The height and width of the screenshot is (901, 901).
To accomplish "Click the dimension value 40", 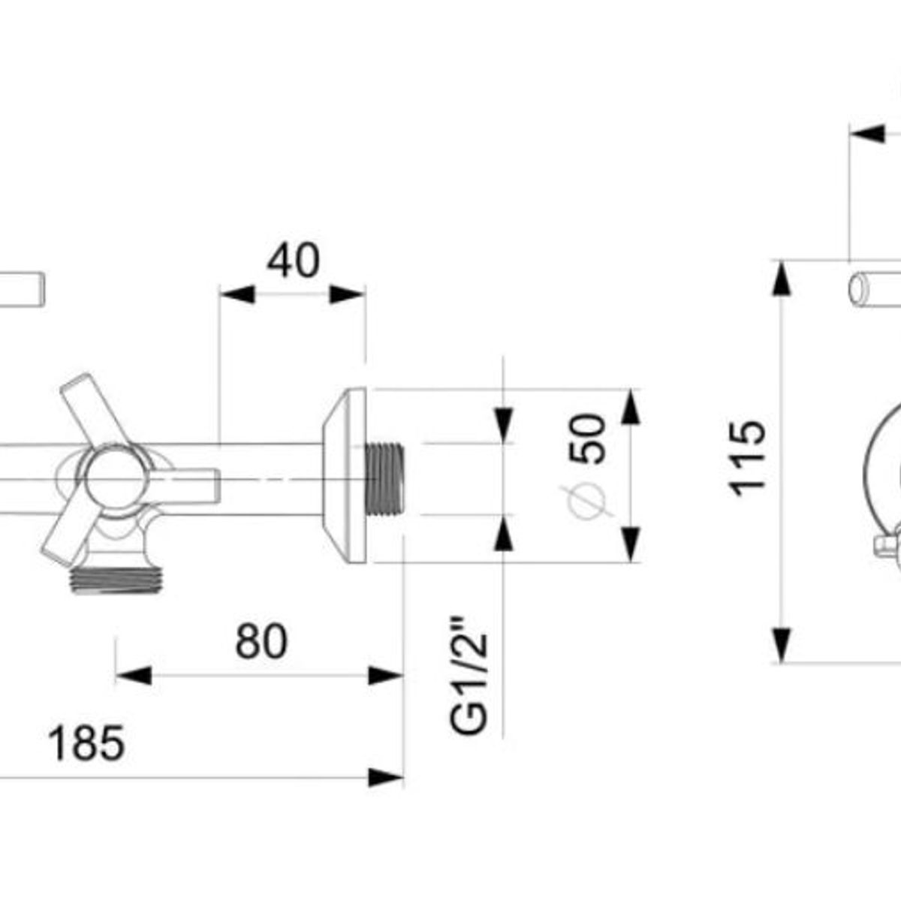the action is (293, 261).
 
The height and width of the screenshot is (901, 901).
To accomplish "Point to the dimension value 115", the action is (748, 460).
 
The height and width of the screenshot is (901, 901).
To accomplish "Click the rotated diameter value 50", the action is (587, 439).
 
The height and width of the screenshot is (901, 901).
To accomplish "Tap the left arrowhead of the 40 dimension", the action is (237, 294).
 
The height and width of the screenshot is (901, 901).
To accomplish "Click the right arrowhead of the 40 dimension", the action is (348, 294).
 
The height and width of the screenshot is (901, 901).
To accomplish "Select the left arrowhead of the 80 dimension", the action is (134, 675).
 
